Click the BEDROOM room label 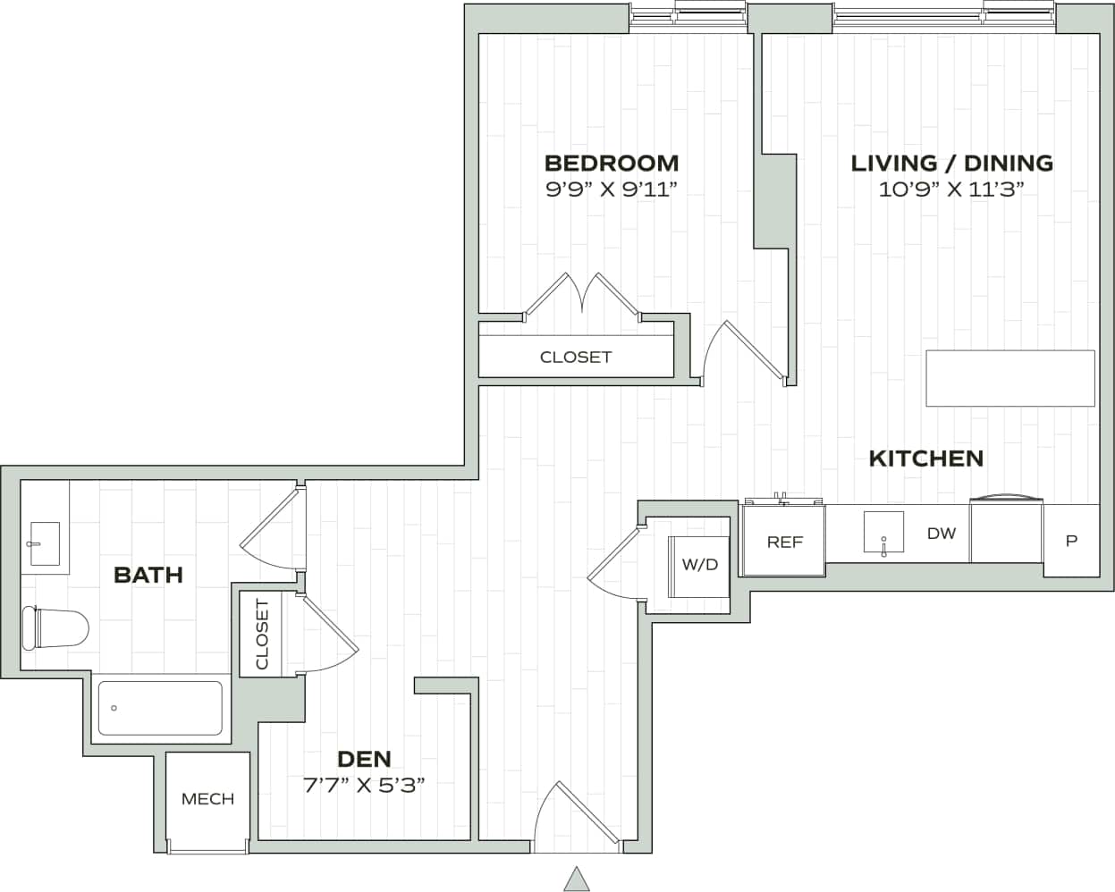611,163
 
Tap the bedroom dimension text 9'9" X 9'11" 611,189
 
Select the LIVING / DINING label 951,163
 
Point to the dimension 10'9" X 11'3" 951,189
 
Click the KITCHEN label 926,459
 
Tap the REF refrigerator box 784,542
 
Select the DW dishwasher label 941,534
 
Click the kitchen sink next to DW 883,534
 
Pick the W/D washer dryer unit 699,565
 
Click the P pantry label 1071,541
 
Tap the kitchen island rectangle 1010,378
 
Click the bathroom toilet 55,628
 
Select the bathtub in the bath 159,708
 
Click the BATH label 148,575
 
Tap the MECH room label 207,799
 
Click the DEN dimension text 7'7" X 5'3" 364,786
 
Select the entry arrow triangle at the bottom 577,879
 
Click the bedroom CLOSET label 576,357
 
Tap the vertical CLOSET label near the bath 262,634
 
